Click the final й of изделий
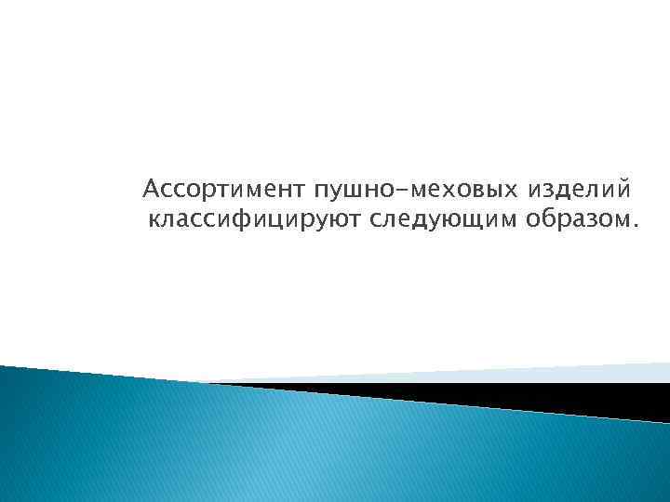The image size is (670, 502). (x=623, y=192)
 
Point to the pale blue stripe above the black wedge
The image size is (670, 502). (x=465, y=373)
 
